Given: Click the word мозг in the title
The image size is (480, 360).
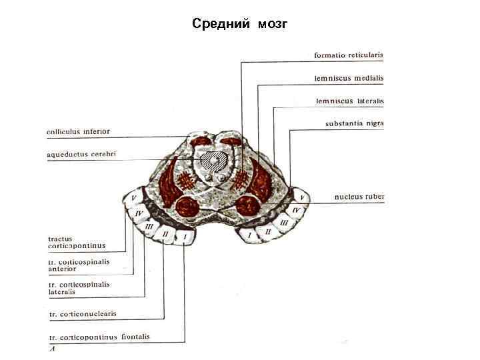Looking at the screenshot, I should [x=271, y=25].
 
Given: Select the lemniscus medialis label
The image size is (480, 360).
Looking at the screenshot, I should [x=349, y=78].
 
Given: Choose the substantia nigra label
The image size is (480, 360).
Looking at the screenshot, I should [x=354, y=123].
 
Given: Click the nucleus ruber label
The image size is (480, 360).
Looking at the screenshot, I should [x=359, y=197].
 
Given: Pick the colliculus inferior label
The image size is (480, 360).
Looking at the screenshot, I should [x=78, y=131].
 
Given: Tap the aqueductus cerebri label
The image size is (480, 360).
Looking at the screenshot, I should [x=81, y=154].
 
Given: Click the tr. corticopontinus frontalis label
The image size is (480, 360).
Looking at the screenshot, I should [x=99, y=337].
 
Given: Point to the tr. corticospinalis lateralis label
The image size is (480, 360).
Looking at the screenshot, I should [x=79, y=287].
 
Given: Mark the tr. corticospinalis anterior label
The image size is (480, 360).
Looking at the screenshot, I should [x=79, y=265].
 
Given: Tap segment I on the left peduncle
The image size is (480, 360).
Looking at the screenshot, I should [x=185, y=236].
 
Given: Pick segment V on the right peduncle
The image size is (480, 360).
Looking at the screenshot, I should [x=303, y=198].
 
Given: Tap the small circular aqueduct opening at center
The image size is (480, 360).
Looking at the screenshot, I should [x=213, y=160].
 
